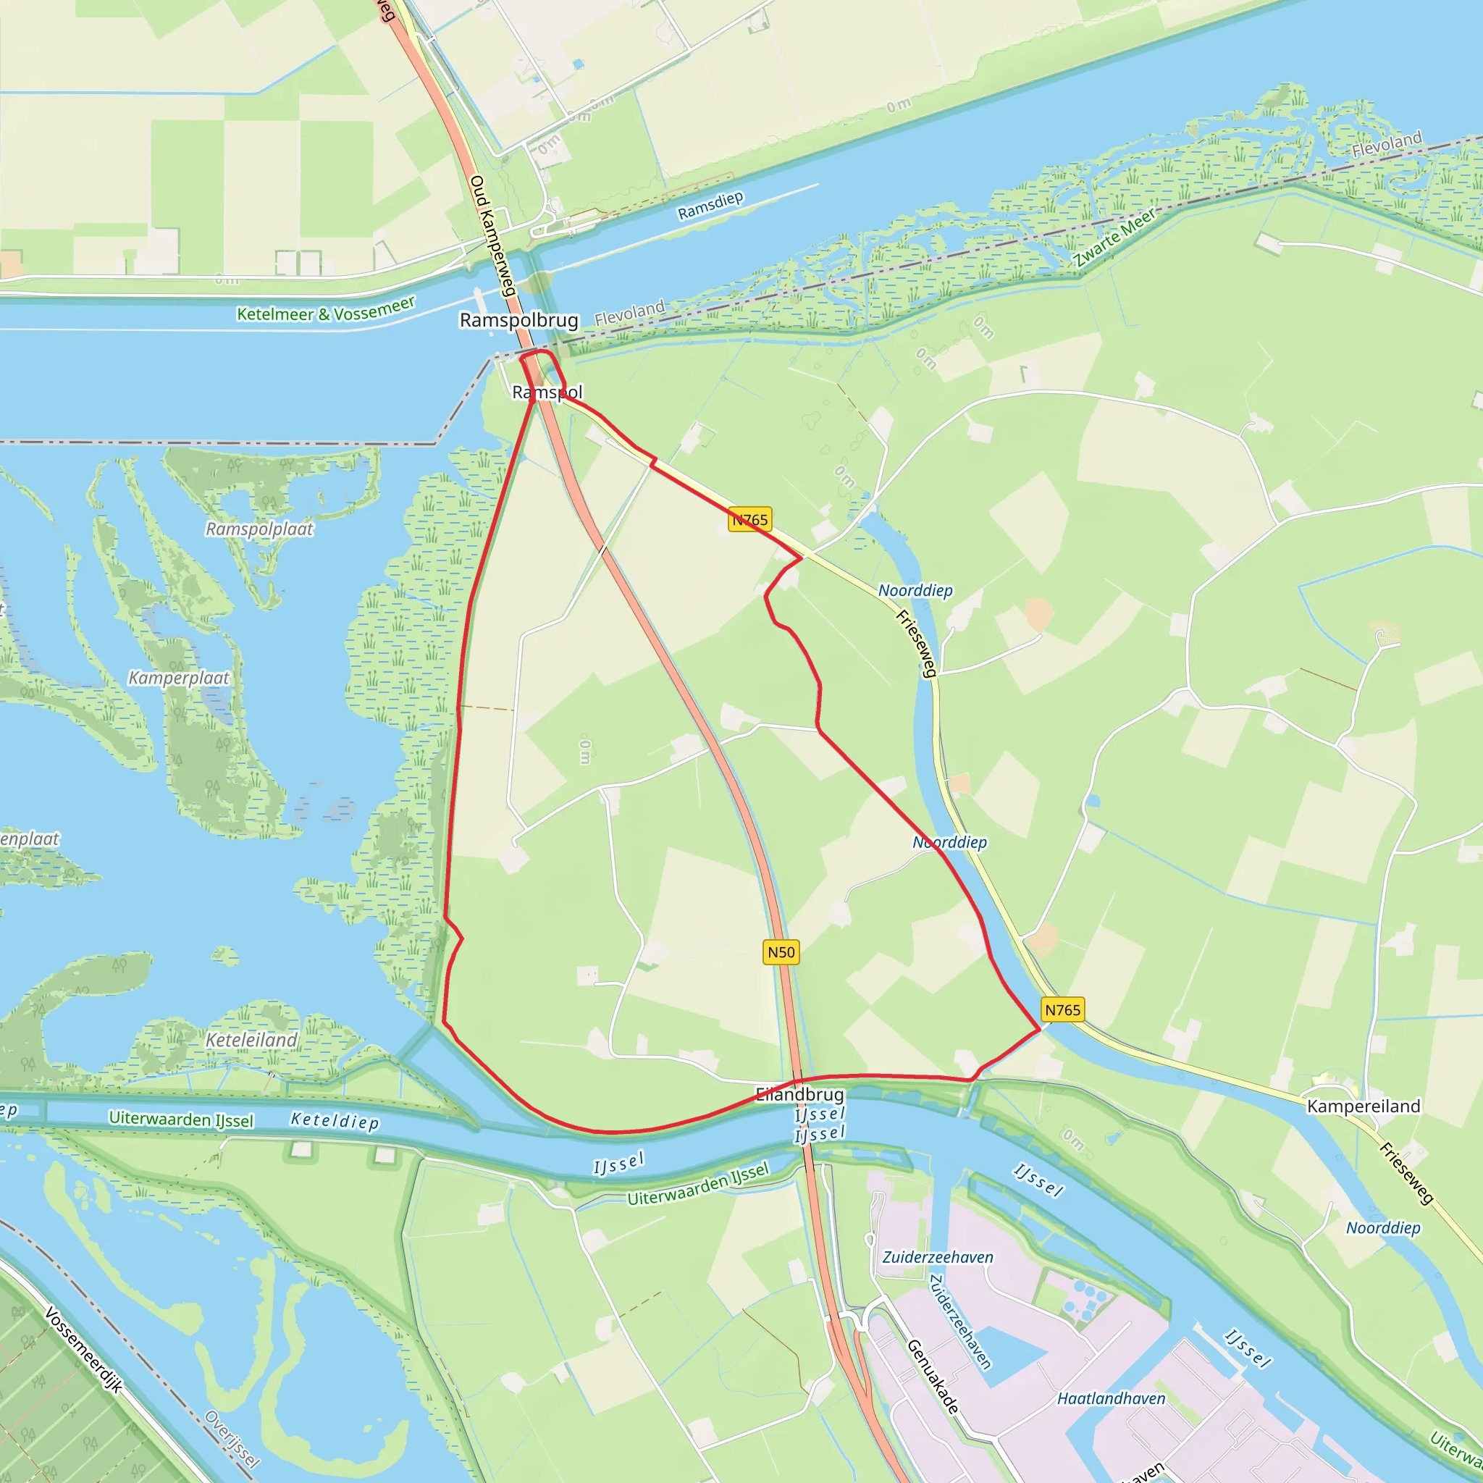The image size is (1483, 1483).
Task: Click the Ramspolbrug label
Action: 519,320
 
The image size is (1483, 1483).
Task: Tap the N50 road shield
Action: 781,953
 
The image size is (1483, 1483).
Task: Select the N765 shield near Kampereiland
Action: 1062,1010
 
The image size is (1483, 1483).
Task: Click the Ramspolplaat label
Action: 259,529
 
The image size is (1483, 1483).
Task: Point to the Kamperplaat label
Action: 179,678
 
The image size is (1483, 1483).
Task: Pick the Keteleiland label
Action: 252,1040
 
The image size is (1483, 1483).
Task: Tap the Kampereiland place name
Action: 1364,1106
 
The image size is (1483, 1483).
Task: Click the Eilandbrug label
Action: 800,1095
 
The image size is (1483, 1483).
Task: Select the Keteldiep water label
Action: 335,1122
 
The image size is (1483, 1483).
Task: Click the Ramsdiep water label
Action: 711,205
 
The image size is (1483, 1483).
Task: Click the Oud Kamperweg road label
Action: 491,235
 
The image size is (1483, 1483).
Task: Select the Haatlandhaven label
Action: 1111,1398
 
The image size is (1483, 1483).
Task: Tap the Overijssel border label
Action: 232,1440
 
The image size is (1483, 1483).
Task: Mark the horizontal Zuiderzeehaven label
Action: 937,1257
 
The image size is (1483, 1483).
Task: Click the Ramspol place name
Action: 547,392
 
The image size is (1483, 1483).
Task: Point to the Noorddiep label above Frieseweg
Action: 915,590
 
